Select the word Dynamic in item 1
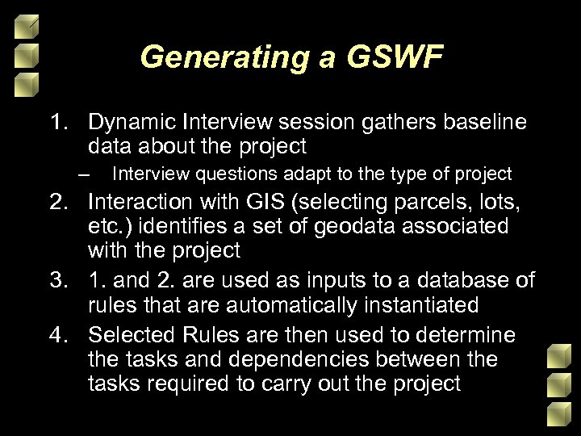(x=132, y=122)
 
